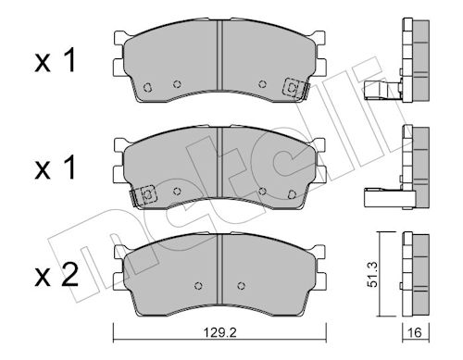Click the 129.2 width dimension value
[x=219, y=333]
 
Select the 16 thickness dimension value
[x=416, y=333]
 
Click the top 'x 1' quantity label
[x=56, y=61]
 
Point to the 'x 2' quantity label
[x=56, y=276]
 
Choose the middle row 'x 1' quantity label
[x=56, y=168]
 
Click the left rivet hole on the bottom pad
[x=199, y=286]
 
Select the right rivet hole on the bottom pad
[x=241, y=286]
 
